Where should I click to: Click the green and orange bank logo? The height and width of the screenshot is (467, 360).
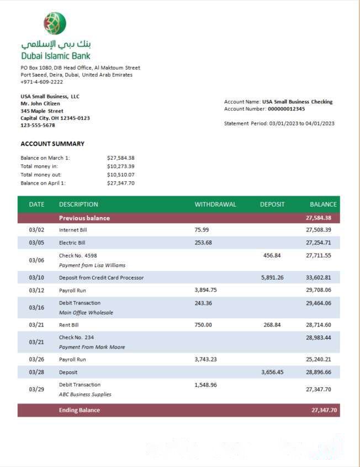coord(55,24)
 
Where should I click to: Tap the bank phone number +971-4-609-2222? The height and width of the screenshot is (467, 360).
coord(41,82)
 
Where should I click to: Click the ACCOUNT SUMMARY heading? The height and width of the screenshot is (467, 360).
coord(52,144)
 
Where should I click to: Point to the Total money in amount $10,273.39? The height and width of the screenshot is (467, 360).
coord(121,166)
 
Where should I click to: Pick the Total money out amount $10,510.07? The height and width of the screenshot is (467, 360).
coord(121,175)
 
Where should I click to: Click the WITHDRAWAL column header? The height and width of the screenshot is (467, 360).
coord(215,204)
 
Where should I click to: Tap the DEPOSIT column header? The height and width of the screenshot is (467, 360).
coord(272,204)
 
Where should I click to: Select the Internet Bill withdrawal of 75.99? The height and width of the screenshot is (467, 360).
coord(202,229)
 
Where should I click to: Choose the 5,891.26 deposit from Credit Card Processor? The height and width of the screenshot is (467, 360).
coord(272,277)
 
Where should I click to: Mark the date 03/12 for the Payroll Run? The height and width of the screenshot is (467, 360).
coord(36,290)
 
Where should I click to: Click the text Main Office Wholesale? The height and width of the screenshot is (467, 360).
coord(86,313)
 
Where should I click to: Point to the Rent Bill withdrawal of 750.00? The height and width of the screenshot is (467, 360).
coord(203,325)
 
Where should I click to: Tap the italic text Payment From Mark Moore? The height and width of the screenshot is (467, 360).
coord(92,347)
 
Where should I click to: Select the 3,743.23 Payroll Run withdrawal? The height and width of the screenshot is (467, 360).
coord(206,359)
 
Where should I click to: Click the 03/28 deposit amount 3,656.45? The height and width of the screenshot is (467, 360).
coord(272,372)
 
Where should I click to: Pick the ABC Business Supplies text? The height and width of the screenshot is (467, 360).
coord(85,395)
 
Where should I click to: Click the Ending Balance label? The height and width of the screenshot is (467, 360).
coord(80,410)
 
